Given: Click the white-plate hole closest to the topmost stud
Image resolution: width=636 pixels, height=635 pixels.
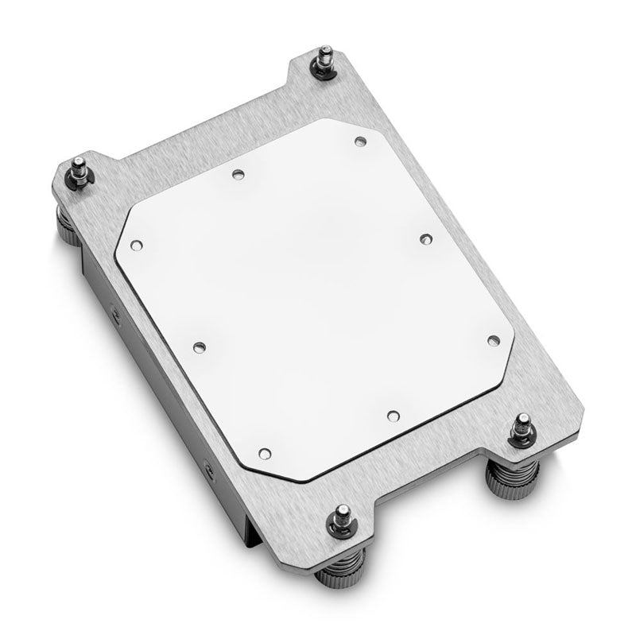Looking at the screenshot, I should [359, 141].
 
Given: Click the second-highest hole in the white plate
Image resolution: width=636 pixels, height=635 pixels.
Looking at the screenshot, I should [237, 173].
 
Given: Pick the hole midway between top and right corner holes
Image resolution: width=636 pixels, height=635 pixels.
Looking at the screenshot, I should [424, 238].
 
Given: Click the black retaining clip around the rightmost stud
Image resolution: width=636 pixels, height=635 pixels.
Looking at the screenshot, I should [521, 439].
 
